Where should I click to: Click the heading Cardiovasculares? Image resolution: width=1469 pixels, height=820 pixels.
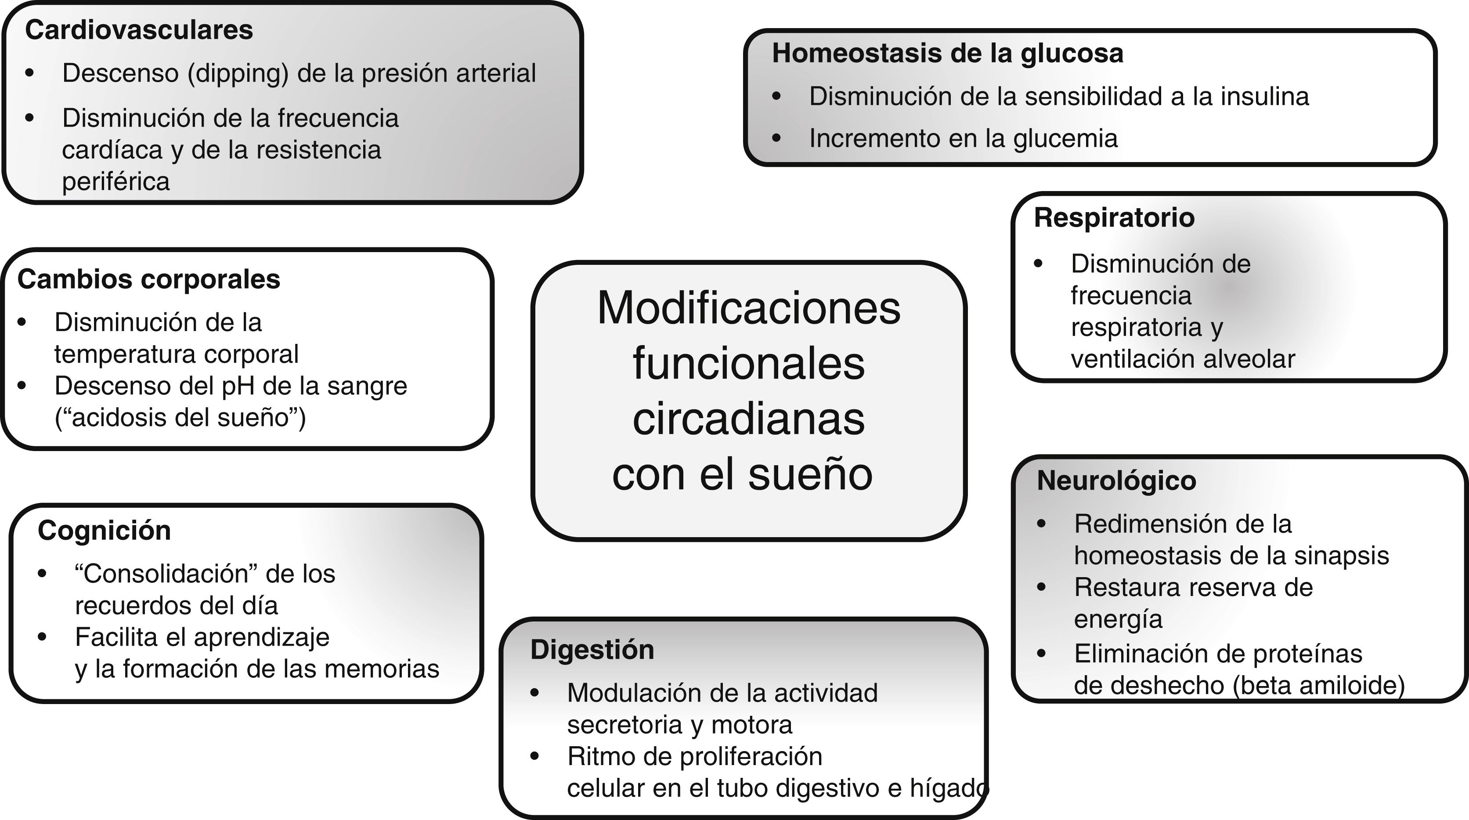click(139, 30)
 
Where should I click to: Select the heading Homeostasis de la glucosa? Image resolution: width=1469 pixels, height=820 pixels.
click(947, 53)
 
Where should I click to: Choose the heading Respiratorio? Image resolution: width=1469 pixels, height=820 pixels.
click(1114, 218)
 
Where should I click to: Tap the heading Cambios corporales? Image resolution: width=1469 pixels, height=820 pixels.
click(148, 279)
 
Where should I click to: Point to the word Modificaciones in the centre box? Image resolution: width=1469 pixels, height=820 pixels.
click(748, 308)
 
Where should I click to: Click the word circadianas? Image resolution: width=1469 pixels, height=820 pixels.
click(748, 419)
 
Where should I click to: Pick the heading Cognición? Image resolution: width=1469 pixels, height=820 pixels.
click(104, 530)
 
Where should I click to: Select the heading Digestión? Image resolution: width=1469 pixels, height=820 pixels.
click(592, 650)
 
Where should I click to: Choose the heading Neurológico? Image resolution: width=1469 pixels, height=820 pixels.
click(1116, 480)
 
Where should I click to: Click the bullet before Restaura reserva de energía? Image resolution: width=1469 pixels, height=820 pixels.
click(1041, 587)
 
